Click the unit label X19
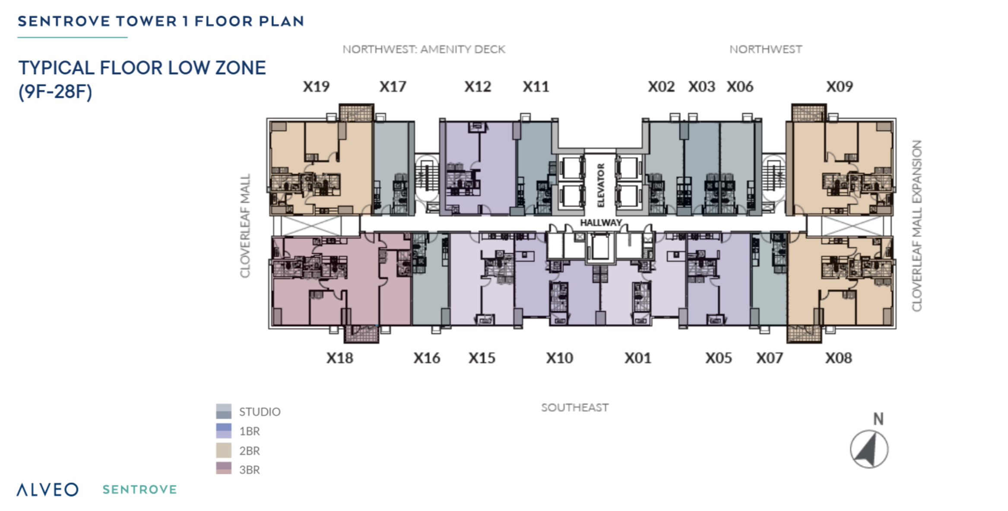click(316, 87)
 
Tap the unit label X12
click(478, 87)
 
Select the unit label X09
click(840, 87)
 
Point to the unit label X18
click(339, 358)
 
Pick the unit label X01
click(637, 358)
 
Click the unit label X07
click(769, 358)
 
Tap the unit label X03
click(701, 87)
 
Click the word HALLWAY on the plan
click(601, 223)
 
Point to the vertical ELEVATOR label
click(600, 185)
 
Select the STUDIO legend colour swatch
click(224, 411)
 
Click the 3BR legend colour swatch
click(224, 468)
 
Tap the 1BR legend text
click(250, 431)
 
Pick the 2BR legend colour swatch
click(224, 450)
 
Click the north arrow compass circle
click(869, 449)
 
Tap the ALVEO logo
click(48, 489)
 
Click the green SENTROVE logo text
click(139, 489)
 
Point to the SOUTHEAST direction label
click(575, 407)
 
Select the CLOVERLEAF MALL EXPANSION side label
click(916, 226)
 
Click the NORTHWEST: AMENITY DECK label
click(424, 49)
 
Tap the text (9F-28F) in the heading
click(55, 91)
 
